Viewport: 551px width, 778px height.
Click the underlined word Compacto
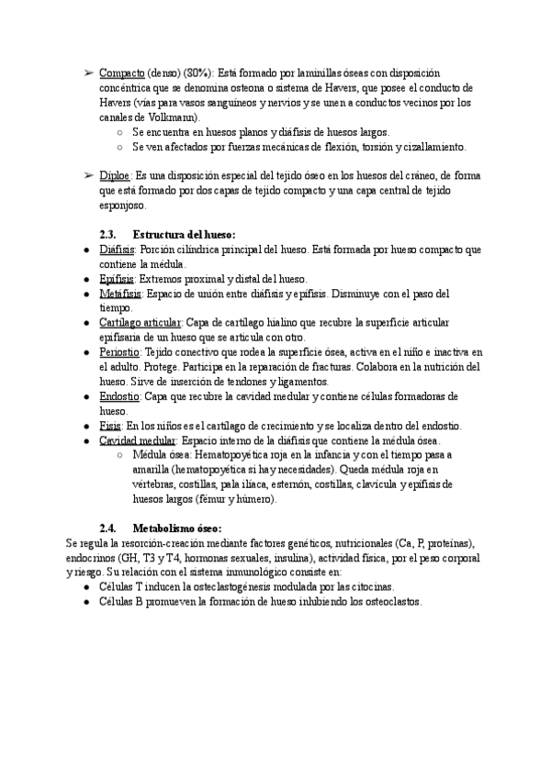tap(121, 72)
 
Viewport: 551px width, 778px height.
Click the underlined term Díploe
tap(115, 175)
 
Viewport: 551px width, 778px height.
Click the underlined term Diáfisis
tap(117, 250)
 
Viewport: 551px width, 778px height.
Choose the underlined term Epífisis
tap(117, 279)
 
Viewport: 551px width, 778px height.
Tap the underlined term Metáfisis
tap(120, 294)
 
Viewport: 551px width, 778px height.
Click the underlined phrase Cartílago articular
tap(141, 323)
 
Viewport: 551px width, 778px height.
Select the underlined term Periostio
tap(119, 352)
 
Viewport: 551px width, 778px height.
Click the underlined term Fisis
tap(109, 426)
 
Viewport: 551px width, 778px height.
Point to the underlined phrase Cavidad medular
tap(137, 440)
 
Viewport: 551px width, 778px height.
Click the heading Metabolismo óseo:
tap(177, 528)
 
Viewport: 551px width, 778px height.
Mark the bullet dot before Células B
tap(85, 602)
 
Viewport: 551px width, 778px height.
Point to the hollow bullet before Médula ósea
tap(120, 455)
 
